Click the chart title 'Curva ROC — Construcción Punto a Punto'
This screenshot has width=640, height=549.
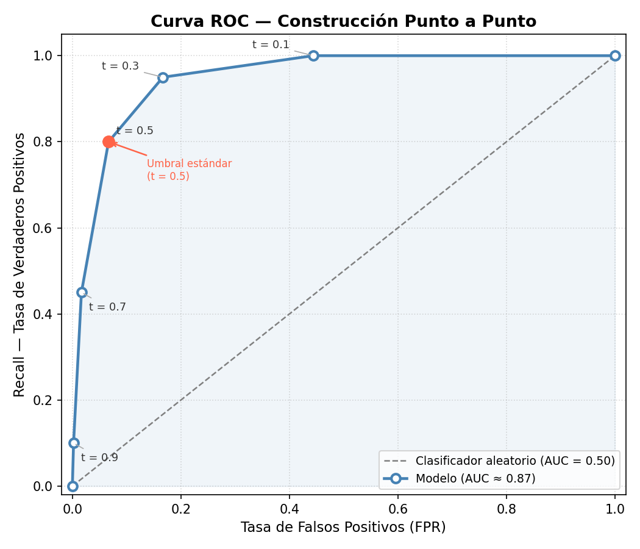point(343,21)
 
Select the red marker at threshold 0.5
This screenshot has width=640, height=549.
point(108,142)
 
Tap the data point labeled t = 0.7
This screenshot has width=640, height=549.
point(82,292)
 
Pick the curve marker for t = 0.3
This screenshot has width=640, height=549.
point(163,77)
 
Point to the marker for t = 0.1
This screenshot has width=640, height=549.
point(313,56)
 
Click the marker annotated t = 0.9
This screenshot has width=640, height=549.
point(74,443)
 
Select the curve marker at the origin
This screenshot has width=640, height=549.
point(73,486)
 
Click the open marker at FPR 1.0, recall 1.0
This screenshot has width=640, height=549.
point(615,56)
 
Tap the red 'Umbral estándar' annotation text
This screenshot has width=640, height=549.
point(189,170)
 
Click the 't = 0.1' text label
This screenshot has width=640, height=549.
point(271,45)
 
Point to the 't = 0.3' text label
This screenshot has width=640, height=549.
point(120,66)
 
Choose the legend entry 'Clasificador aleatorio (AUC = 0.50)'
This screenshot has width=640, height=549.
point(515,461)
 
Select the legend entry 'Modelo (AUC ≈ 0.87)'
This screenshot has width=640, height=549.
point(475,478)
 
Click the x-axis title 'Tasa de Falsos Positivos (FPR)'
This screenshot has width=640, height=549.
point(343,527)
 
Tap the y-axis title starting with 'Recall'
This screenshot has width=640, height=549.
point(20,264)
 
